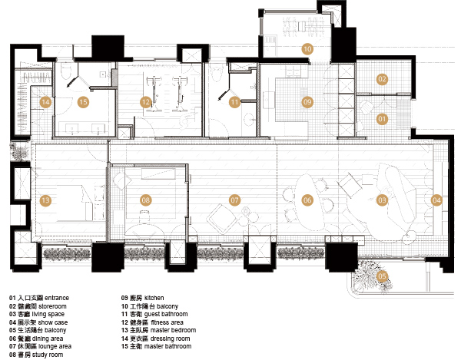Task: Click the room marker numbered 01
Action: tap(382, 119)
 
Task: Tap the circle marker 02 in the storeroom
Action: tap(382, 79)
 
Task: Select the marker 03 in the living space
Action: tap(382, 200)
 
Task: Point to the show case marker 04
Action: tap(436, 200)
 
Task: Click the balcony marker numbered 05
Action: tap(382, 276)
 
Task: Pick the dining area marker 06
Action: tap(307, 200)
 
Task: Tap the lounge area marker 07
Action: tap(234, 200)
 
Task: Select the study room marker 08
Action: tap(145, 200)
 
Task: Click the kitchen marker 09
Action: tap(307, 102)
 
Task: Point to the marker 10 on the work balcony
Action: tap(307, 49)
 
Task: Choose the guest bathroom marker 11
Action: tap(234, 102)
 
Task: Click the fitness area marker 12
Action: tap(145, 102)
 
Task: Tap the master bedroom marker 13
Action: tap(45, 200)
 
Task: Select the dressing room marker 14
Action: tap(45, 102)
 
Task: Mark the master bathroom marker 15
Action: tap(83, 102)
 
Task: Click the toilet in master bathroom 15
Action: tap(65, 71)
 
